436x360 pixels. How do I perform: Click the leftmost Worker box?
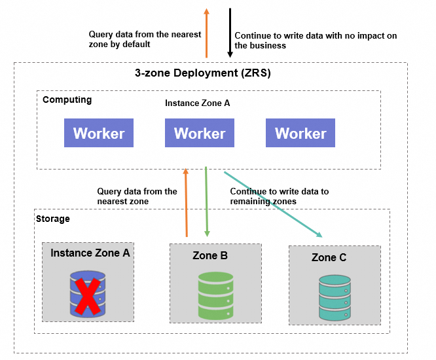[99, 133]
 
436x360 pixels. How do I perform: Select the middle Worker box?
[200, 133]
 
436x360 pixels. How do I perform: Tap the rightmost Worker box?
[300, 133]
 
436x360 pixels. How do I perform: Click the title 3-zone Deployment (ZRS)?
[198, 73]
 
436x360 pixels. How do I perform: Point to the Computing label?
[67, 100]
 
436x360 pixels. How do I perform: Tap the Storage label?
[52, 219]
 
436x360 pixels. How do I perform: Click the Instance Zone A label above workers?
[197, 103]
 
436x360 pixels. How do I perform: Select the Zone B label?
[210, 256]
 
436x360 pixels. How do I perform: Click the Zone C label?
[329, 258]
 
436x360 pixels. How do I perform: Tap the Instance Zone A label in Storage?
[90, 253]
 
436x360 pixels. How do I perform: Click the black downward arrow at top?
[230, 33]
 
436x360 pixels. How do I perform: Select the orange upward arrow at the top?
[207, 33]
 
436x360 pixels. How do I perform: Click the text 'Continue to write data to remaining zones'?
[279, 196]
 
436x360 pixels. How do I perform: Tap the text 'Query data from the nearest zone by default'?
[145, 39]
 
